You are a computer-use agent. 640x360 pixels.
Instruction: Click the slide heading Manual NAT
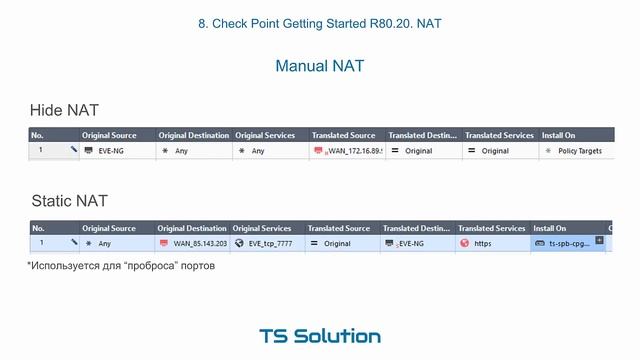[319, 66]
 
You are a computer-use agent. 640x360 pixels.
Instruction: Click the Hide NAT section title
[64, 110]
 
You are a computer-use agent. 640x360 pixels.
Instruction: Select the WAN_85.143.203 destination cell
[194, 243]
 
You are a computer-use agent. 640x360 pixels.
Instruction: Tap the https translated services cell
[488, 243]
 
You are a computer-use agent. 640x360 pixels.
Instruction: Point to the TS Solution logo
[319, 336]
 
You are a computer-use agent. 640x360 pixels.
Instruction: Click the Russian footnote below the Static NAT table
[121, 266]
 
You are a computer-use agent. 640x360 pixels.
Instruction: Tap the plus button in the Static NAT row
[599, 240]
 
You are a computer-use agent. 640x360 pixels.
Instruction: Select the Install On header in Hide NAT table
[558, 135]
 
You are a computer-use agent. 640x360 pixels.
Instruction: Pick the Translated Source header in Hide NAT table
[343, 135]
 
